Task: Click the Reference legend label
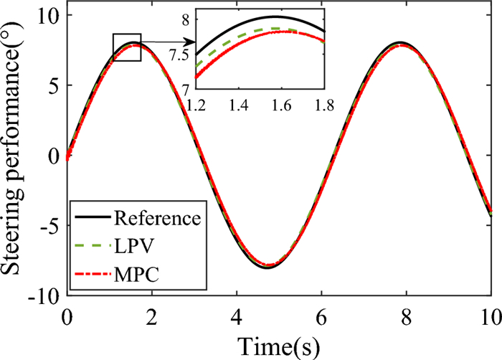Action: click(164, 216)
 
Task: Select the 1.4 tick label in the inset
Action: click(238, 106)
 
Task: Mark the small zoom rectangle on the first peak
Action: click(127, 47)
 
